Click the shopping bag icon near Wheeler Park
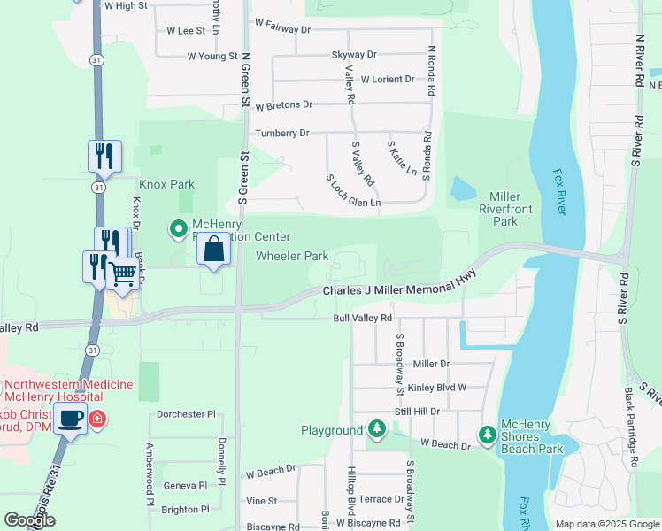214,250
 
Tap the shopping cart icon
123,274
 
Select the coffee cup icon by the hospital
70,418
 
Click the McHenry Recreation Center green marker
179,230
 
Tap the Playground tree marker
377,430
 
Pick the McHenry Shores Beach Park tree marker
487,434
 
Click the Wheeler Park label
292,257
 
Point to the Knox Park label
165,185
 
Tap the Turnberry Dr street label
282,134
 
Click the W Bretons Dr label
283,104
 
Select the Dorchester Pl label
186,413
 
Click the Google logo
30,520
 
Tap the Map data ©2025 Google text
606,524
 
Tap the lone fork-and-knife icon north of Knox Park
104,157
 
